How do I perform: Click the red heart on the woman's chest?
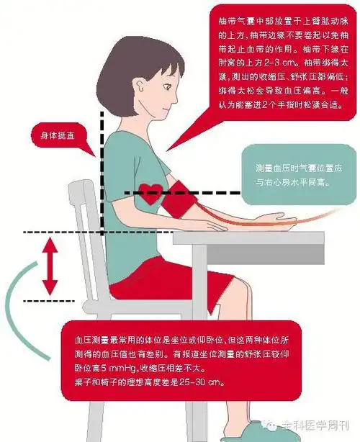(x=151, y=193)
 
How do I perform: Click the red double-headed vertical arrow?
(x=49, y=266)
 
